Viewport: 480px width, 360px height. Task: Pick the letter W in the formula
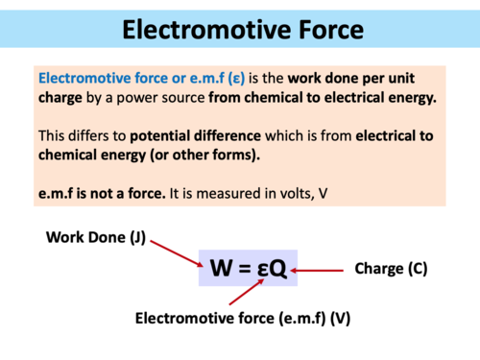click(220, 270)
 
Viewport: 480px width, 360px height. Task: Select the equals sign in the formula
click(243, 270)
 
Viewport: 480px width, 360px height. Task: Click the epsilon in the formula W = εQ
click(260, 272)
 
